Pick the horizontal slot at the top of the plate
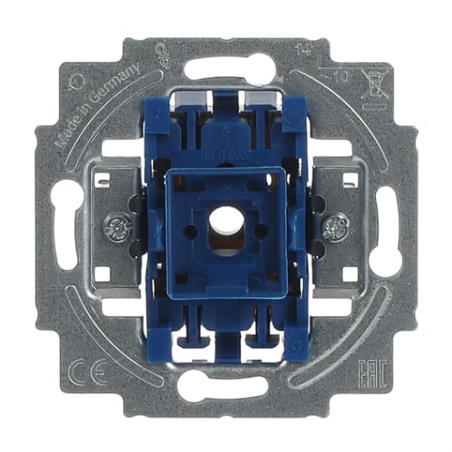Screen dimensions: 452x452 click(227, 63)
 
